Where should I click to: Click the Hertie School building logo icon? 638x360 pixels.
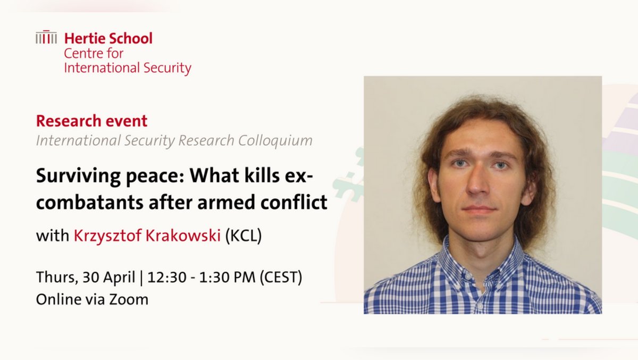tap(46, 37)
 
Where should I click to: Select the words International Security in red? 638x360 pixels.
tap(128, 68)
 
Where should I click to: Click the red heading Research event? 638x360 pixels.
tap(91, 121)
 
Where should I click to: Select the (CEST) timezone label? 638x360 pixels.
tap(282, 278)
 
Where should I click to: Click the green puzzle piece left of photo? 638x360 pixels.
tap(348, 178)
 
